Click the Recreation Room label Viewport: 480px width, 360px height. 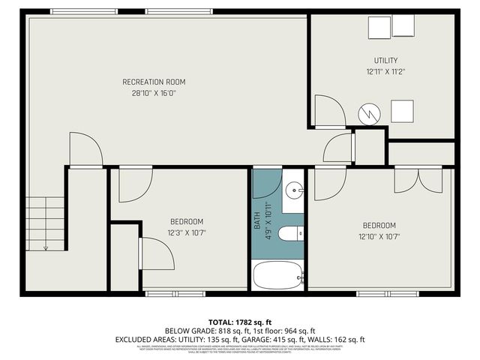154,82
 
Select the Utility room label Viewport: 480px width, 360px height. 385,61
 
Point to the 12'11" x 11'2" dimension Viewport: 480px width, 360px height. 385,72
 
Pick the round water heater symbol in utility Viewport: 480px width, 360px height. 369,114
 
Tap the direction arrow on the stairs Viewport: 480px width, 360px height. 46,246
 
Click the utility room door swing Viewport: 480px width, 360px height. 328,112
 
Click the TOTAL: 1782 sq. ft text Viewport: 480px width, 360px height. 240,321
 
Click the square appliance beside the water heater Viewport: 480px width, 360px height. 403,112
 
